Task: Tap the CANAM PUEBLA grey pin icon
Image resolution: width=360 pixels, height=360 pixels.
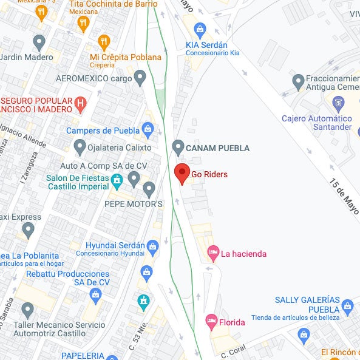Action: pos(178,147)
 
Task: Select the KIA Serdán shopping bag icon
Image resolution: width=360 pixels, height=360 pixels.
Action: pos(200,29)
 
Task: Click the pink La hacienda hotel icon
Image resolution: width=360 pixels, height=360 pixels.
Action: pos(212,251)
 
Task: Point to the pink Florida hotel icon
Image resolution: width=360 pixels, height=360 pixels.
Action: pos(211,320)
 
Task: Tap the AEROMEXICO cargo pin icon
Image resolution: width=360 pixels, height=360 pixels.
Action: pos(140,77)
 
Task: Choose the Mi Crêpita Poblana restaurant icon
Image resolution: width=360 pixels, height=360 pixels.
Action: pos(104,42)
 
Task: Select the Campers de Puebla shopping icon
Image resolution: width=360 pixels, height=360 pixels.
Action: pos(148,129)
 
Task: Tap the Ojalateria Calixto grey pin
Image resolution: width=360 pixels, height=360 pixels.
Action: pos(80,147)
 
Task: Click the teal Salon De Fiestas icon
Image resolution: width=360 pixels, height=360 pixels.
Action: pos(117,180)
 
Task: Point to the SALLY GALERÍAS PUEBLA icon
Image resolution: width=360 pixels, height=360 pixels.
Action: pos(347,306)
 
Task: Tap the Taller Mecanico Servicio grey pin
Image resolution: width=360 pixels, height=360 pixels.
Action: pos(27,310)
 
